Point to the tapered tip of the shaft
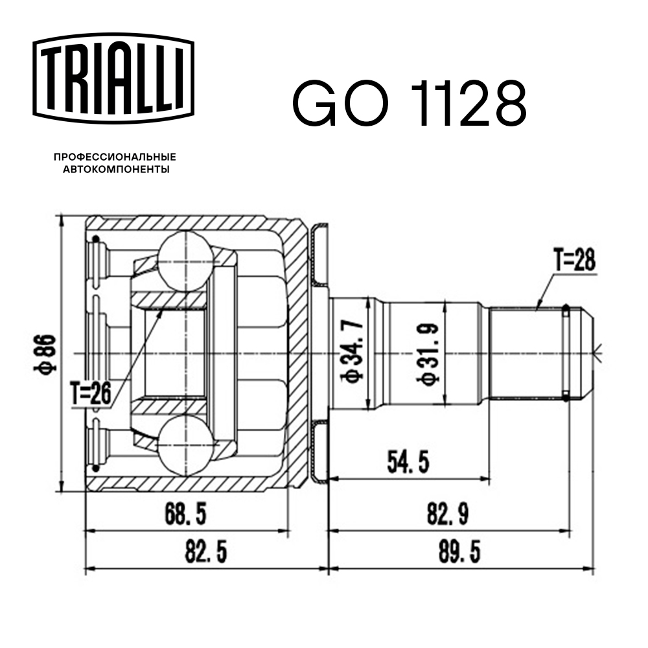(586, 353)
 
